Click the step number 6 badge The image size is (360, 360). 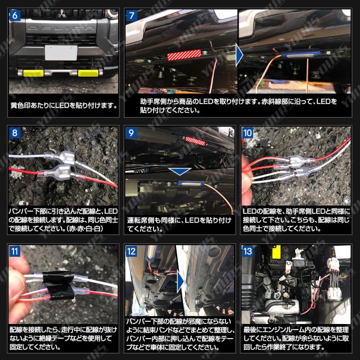tap(15, 15)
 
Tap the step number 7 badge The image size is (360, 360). tap(132, 15)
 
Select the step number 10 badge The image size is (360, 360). tap(247, 133)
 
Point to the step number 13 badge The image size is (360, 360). tap(247, 251)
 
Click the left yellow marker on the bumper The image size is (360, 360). tap(33, 73)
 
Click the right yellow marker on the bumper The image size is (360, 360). tap(88, 73)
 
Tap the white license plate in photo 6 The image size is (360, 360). tap(61, 52)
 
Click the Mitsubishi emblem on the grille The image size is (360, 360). tap(61, 13)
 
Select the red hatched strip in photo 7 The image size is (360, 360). tap(184, 55)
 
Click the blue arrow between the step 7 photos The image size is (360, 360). tap(239, 55)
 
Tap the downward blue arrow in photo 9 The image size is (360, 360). tap(179, 172)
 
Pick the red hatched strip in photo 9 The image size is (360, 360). tap(195, 141)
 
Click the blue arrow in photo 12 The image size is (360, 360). tap(181, 282)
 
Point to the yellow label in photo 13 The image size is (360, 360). tap(276, 252)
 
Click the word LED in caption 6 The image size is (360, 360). tap(62, 106)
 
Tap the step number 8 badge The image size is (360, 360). tap(15, 133)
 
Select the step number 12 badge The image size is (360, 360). tap(131, 251)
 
